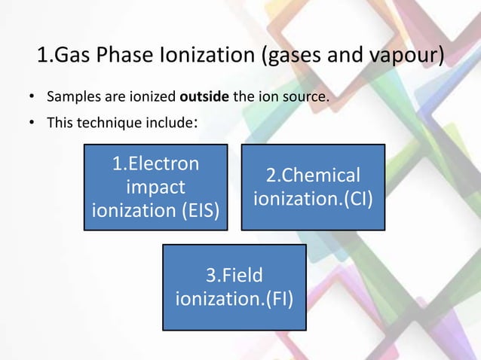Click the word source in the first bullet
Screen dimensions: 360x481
point(306,98)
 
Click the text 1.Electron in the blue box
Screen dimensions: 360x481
point(155,163)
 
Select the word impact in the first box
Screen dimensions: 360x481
point(155,187)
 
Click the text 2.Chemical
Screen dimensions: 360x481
point(312,175)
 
